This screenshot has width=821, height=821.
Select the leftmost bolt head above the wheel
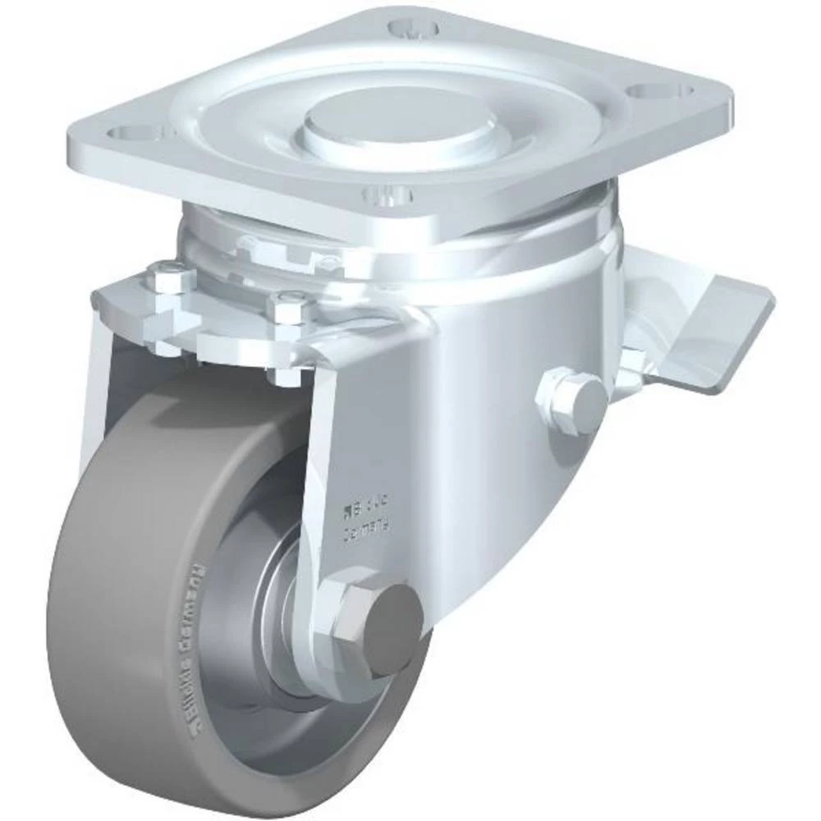coord(170,279)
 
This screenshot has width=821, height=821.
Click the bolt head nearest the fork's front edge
coord(289,311)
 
